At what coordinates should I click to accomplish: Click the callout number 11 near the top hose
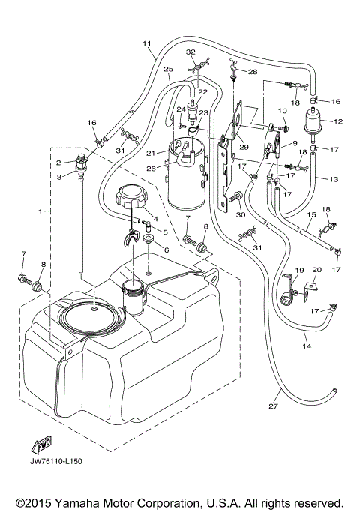[146, 43]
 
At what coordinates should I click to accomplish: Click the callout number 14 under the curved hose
[307, 346]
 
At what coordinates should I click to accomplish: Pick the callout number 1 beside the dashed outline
[40, 213]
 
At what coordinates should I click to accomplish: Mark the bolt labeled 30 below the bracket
[239, 197]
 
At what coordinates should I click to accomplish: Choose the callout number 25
[169, 70]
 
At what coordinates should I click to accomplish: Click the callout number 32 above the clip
[190, 52]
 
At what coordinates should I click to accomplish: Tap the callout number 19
[299, 270]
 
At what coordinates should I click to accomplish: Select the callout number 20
[316, 270]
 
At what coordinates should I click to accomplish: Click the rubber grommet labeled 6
[148, 240]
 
